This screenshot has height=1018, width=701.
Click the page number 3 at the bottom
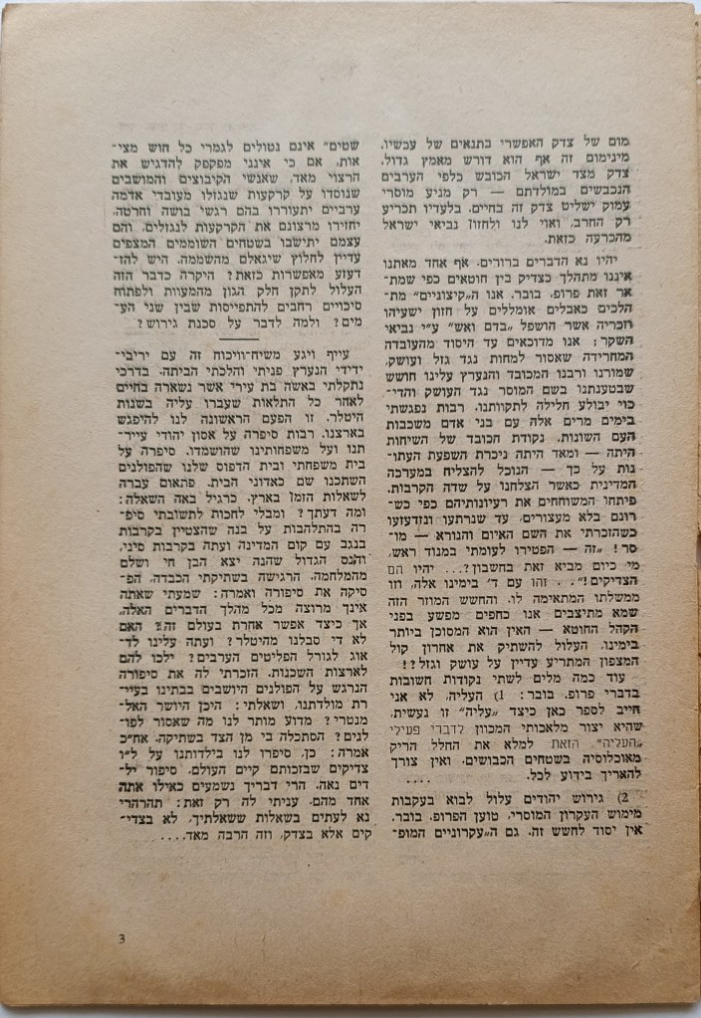tap(121, 938)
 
